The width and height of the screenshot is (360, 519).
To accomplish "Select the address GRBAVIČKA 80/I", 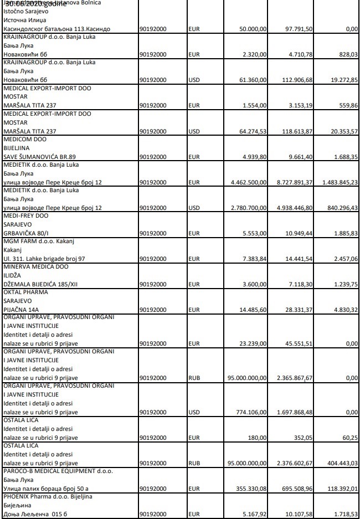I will (27, 233).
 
